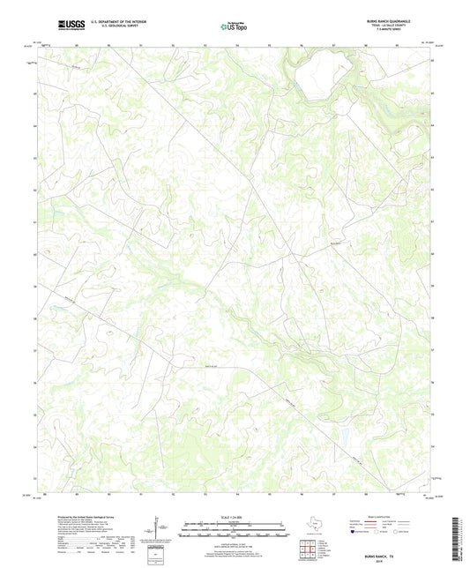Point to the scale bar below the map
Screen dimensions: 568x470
(235, 533)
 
